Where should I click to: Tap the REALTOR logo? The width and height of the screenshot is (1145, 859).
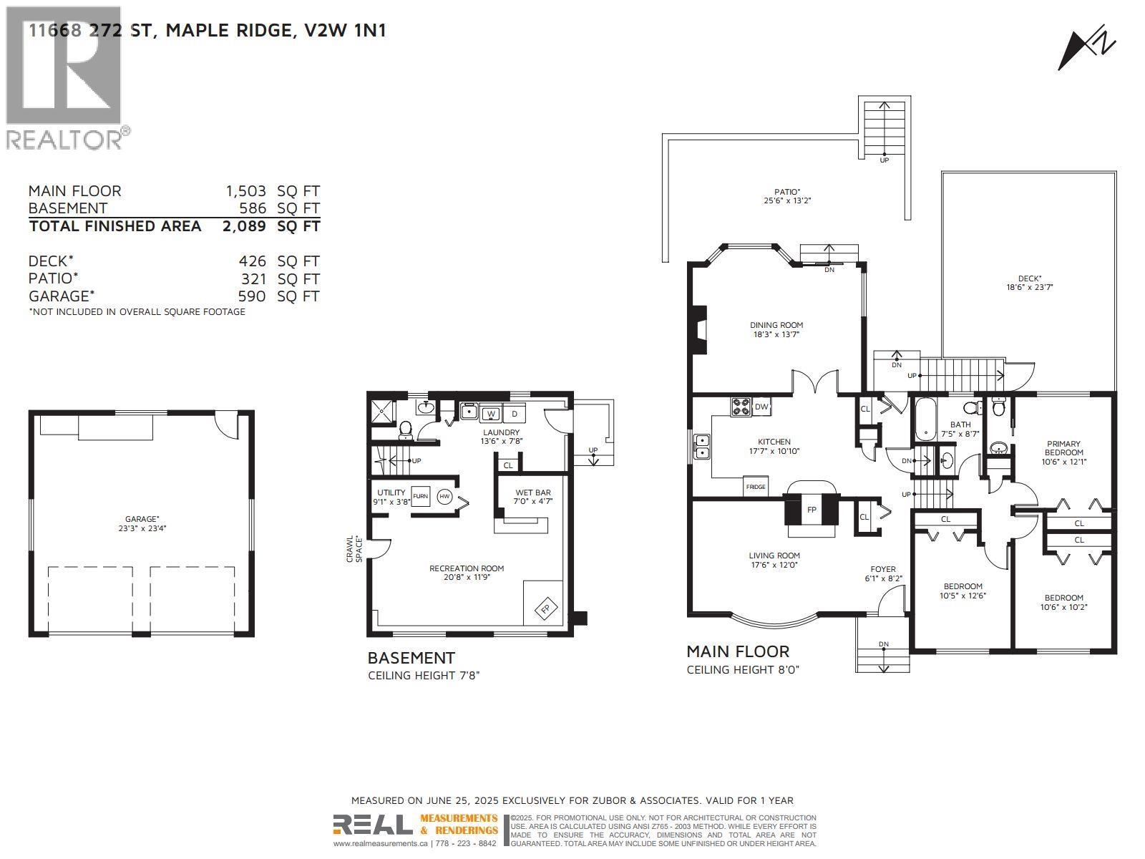(x=64, y=79)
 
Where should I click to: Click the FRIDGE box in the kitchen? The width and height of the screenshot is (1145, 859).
(x=756, y=486)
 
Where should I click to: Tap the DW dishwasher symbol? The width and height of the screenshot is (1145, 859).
(x=761, y=407)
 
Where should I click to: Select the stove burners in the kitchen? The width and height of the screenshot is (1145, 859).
(x=741, y=407)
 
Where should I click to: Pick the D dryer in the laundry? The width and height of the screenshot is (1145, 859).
(x=515, y=414)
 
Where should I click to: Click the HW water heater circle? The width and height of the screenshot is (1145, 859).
(x=444, y=496)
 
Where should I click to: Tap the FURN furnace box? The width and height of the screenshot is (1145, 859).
(x=420, y=496)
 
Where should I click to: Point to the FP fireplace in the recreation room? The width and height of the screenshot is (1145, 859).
(x=545, y=608)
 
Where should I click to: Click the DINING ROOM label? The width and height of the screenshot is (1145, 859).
(x=776, y=325)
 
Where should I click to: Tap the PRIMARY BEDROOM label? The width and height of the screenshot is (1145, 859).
(x=1063, y=448)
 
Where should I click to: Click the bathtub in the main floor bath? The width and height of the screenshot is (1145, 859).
(x=925, y=419)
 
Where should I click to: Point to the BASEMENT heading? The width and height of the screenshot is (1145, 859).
(x=411, y=658)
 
